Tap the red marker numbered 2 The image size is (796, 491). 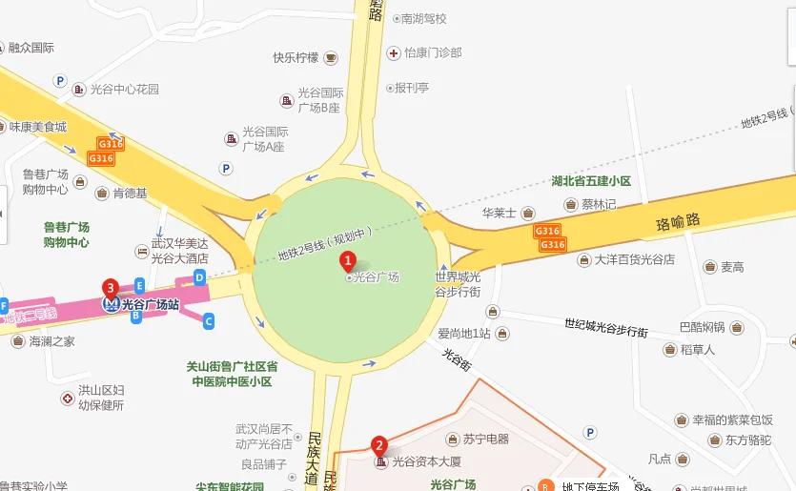tap(378, 444)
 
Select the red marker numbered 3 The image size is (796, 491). tap(111, 288)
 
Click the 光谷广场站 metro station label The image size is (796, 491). tap(151, 305)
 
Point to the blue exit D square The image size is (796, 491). tap(199, 276)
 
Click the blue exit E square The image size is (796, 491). tap(139, 285)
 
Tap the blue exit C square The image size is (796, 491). tap(209, 321)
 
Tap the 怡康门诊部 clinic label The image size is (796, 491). tap(432, 53)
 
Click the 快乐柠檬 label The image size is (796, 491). tap(296, 57)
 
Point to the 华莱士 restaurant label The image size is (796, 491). tap(499, 213)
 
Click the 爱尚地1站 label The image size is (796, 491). tap(464, 334)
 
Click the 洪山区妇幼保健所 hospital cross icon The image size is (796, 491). tap(68, 398)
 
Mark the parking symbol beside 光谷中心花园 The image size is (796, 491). tap(60, 82)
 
